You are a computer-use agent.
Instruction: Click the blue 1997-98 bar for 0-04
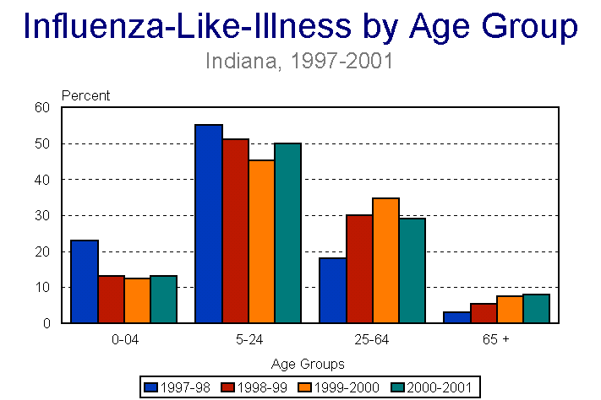point(85,282)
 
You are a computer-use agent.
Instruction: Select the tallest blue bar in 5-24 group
point(209,224)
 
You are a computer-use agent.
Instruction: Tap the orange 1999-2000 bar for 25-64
point(385,261)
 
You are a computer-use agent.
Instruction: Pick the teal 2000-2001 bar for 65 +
point(536,309)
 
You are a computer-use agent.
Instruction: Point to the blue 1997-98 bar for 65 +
point(456,317)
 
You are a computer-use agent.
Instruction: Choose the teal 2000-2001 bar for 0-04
point(163,300)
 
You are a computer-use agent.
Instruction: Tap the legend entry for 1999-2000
point(342,387)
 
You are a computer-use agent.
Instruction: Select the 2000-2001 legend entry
point(432,387)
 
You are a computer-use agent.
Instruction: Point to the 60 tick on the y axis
point(43,107)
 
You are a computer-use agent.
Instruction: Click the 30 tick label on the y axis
point(43,215)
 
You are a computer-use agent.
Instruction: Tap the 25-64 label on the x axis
point(372,340)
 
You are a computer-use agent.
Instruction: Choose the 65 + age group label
point(495,340)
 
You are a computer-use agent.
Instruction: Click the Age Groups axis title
point(309,365)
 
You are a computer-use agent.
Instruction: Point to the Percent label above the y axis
point(86,95)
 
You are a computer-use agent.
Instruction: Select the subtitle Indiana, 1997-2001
point(300,62)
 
